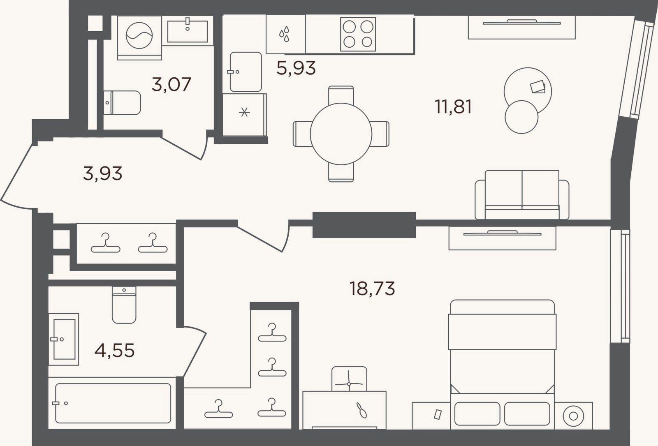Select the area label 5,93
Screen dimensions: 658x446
[x=296, y=68]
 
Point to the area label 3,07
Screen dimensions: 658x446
[x=171, y=84]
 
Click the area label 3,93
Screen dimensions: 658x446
[x=102, y=173]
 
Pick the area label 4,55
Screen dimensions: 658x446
[x=115, y=351]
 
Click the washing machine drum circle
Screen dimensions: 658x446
[x=139, y=35]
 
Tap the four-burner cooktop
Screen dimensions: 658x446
[x=358, y=34]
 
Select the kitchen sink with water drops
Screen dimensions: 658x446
[x=285, y=35]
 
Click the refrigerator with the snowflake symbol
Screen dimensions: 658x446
[x=244, y=115]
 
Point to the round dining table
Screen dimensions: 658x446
[x=341, y=134]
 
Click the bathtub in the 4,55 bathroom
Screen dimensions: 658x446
[x=113, y=403]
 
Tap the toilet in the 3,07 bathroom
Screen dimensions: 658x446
[x=122, y=103]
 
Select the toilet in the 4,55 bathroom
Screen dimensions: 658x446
[x=124, y=305]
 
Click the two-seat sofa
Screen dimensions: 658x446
[x=522, y=195]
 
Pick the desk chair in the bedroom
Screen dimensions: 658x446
[x=349, y=379]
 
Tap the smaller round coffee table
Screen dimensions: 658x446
[x=521, y=117]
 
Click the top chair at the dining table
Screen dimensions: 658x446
[x=341, y=95]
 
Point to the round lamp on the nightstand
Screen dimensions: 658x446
[x=573, y=416]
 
